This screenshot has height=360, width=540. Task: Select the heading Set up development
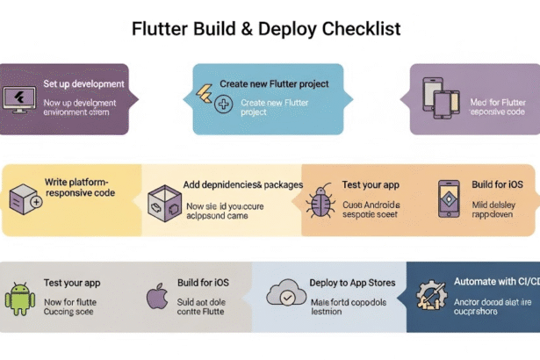(83, 84)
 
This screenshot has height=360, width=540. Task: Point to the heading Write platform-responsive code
(79, 187)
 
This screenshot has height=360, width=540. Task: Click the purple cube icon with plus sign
(24, 200)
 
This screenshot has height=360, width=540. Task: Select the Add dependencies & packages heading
(243, 185)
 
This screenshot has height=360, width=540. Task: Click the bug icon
(320, 202)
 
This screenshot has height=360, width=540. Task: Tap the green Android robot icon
(19, 297)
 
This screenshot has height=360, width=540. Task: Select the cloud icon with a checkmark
(286, 293)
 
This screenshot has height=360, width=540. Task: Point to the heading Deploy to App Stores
(352, 283)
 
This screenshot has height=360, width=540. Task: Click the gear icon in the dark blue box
(431, 294)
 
